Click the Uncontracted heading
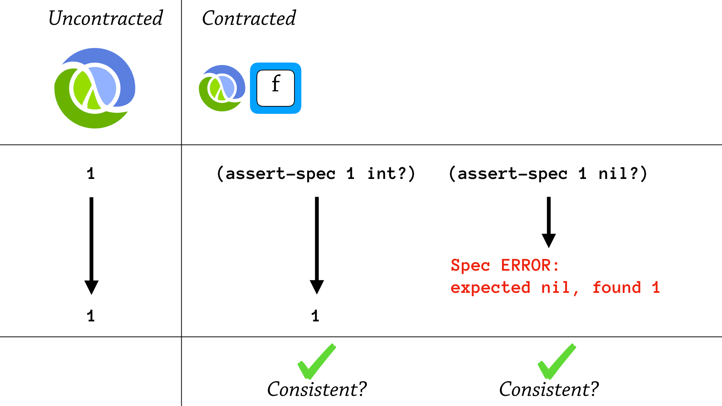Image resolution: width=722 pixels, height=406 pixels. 106,18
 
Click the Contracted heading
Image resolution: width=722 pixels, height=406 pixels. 249,18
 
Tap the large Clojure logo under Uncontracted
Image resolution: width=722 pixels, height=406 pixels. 95,88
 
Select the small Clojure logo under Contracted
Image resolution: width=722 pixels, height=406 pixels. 222,88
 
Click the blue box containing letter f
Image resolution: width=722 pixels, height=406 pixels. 276,88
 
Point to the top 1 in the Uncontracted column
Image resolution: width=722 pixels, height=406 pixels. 91,174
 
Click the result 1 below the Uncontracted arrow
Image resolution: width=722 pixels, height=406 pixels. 91,316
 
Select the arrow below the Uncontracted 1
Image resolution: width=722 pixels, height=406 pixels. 91,244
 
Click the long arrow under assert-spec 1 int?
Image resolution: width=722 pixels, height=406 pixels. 317,244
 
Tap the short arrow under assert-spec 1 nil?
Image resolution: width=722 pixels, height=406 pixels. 549,222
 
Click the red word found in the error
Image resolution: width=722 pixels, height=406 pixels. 617,288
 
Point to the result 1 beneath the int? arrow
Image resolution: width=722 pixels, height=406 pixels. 315,316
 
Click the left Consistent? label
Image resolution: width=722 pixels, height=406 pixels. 317,389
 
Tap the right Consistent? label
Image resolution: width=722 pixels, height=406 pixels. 549,389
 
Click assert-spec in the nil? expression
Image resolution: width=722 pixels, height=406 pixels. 512,174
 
